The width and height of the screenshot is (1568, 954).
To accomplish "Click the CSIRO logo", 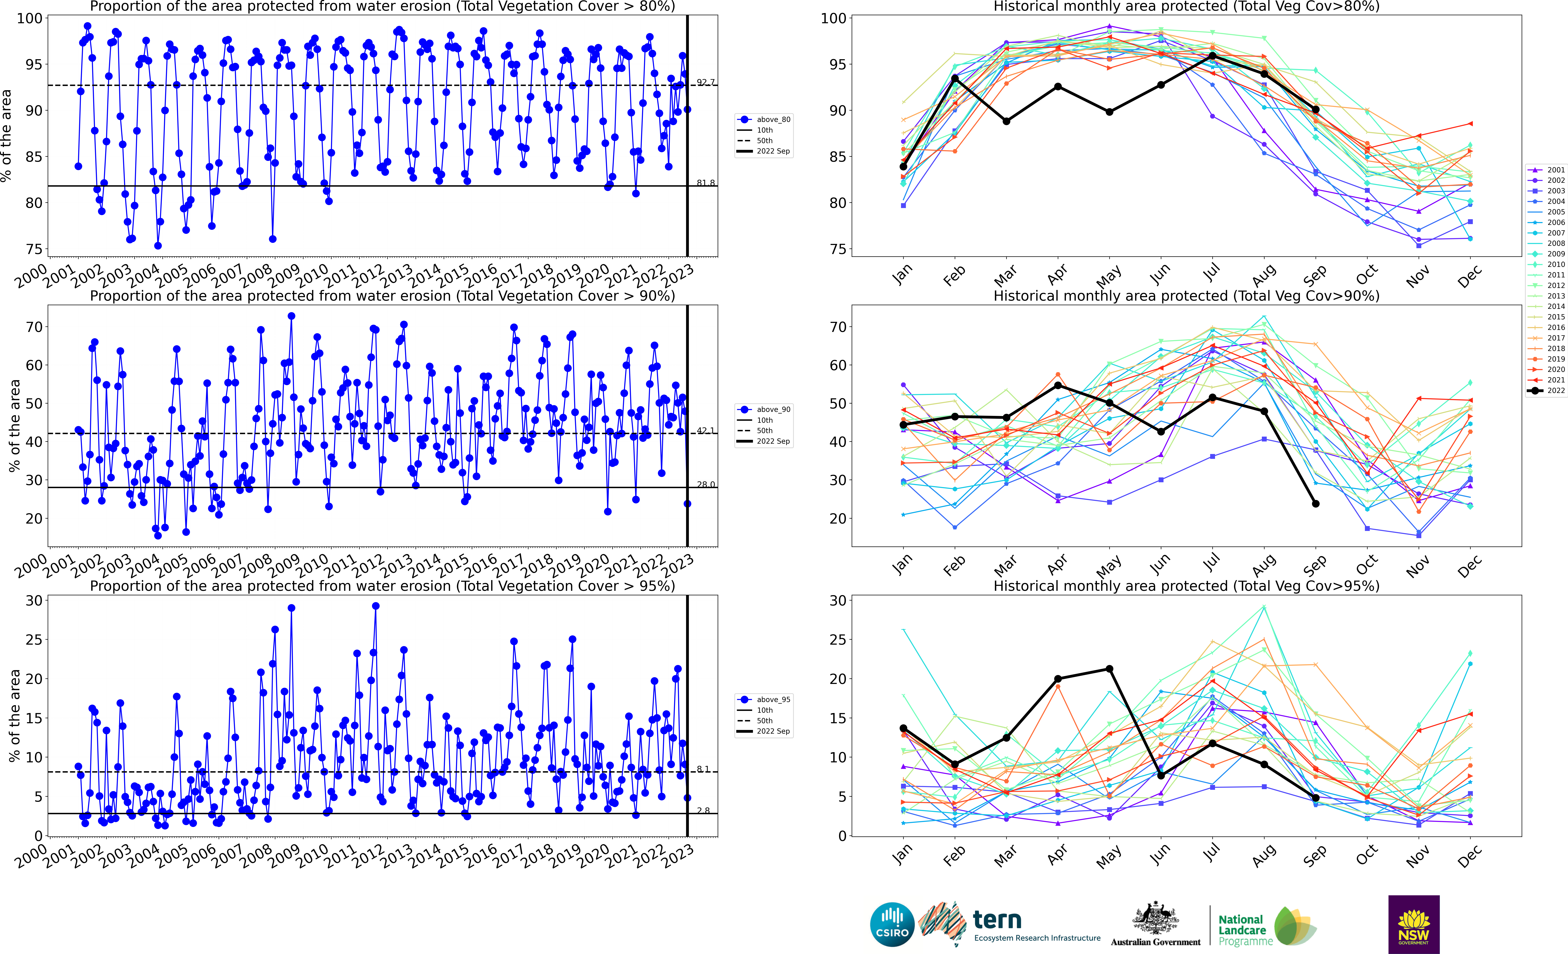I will tap(892, 924).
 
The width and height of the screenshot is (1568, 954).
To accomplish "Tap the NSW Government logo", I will tap(1413, 924).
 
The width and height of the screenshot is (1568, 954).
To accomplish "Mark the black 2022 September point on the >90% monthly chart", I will tap(1315, 504).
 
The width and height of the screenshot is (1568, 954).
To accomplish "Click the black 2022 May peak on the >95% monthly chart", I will tap(1109, 669).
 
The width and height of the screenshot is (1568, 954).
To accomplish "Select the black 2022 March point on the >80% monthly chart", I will tap(1006, 121).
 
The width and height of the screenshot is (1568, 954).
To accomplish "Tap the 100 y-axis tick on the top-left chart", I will tap(29, 18).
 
